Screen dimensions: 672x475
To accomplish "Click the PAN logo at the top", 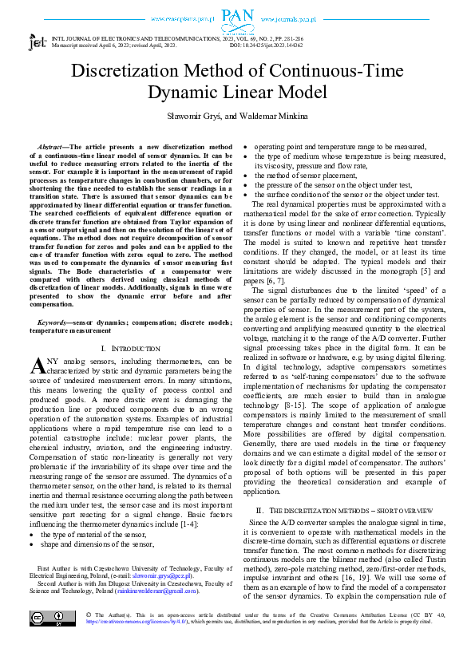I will pos(237,17).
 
